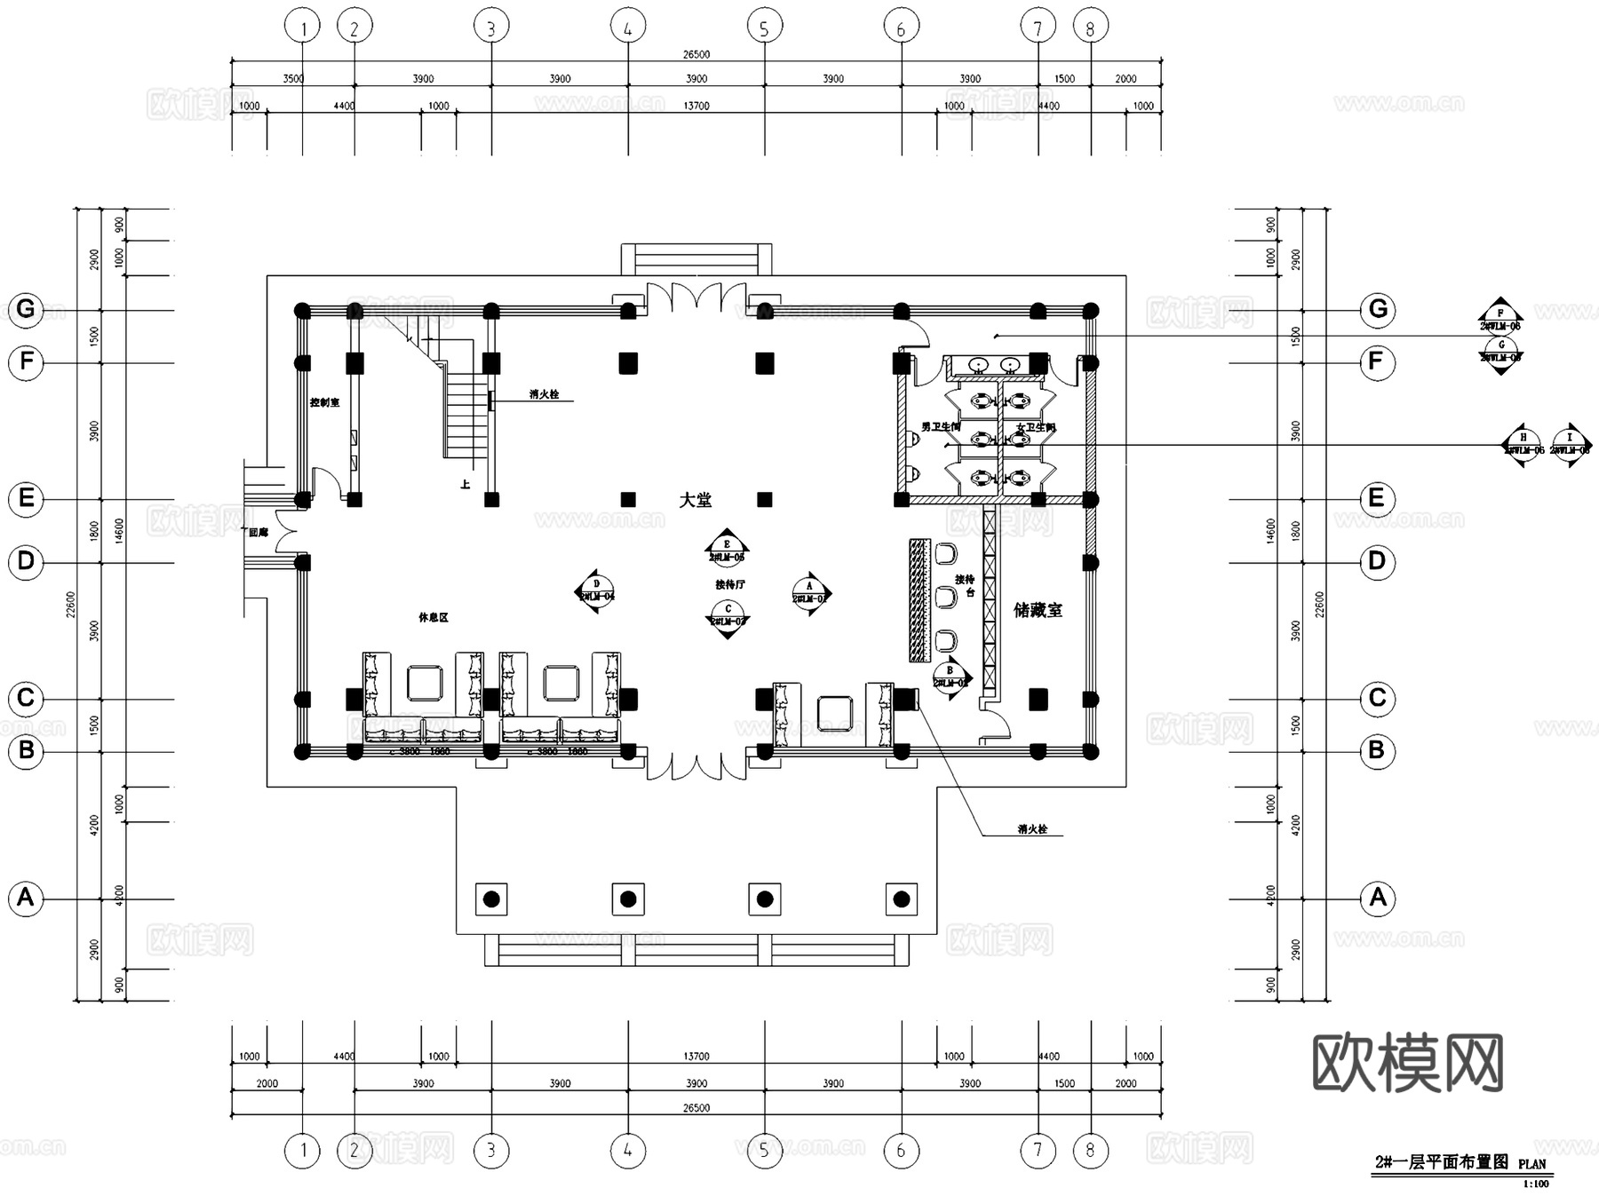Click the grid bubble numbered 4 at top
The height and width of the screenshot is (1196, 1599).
(628, 28)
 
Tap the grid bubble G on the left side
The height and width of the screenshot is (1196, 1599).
(26, 309)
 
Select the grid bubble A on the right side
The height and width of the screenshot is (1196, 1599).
(1377, 898)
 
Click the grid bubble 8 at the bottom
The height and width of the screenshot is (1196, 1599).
(1090, 1151)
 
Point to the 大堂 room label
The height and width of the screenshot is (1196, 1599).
(695, 500)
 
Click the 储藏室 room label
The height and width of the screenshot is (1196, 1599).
(1038, 610)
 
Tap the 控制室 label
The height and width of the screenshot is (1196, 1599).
(324, 402)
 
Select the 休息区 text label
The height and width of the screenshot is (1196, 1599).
(434, 617)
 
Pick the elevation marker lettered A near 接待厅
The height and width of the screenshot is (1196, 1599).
(809, 593)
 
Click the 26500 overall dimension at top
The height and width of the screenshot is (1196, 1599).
(696, 54)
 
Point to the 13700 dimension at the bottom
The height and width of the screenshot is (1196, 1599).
(696, 1057)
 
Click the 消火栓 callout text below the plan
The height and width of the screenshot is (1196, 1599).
(1032, 829)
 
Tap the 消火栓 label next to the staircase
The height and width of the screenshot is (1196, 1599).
(544, 394)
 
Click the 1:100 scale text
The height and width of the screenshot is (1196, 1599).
(1535, 1184)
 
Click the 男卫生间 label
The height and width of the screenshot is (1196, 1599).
(940, 427)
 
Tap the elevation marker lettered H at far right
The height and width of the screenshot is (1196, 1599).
(1523, 444)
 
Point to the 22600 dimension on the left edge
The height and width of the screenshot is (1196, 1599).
(72, 606)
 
